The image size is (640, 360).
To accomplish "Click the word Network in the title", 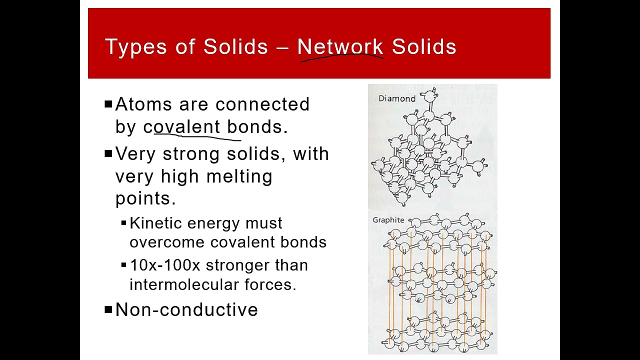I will coord(340,46).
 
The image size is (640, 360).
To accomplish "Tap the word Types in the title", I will coord(136,46).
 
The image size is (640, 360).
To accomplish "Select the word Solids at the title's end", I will coord(424,46).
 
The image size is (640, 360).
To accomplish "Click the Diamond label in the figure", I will coord(396,98).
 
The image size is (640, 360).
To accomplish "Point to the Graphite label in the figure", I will coord(388,220).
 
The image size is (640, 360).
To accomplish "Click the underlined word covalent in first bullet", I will coord(181,127).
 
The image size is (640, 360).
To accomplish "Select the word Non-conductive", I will coord(186,310).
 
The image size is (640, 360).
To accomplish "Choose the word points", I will coord(145,198).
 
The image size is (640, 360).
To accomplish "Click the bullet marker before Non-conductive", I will coord(108,310).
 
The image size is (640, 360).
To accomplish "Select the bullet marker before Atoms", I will coord(108,104).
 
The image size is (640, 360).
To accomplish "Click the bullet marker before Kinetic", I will coord(123,223).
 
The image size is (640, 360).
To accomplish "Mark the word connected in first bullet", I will coord(262,104).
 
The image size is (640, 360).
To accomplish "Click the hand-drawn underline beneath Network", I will coord(341,58).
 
